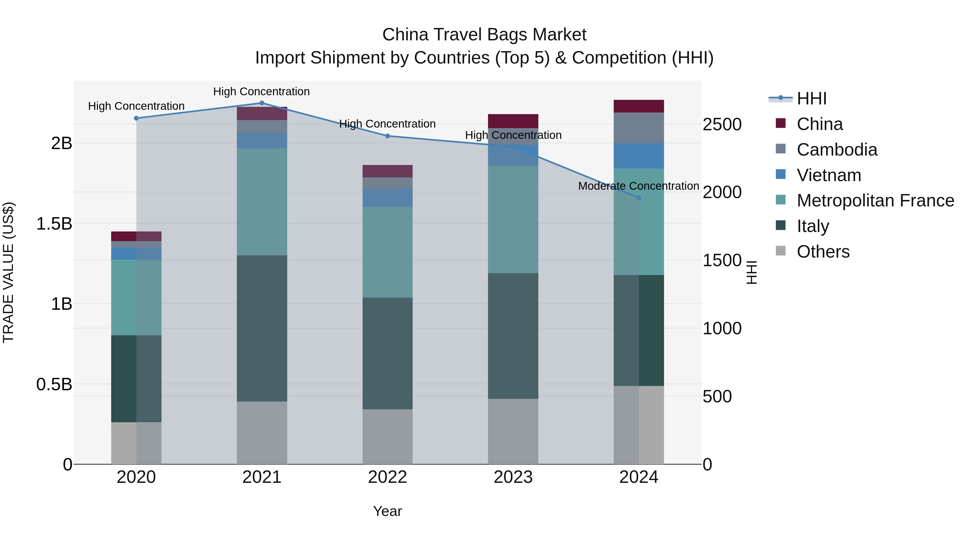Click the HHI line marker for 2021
coord(262,103)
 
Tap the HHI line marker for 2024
coord(638,198)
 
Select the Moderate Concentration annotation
coord(638,186)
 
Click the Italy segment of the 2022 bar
coord(387,354)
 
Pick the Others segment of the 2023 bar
coord(513,431)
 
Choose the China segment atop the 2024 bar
coord(638,106)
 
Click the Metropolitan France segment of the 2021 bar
coord(262,202)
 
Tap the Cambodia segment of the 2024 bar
coord(638,128)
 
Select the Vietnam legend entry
coord(829,175)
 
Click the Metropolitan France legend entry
coord(875,201)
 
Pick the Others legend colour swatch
coord(781,251)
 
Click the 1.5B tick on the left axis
coord(54,224)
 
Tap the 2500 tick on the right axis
coord(722,125)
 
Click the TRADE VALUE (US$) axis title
coord(8,272)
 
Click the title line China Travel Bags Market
coord(484,35)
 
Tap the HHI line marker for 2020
coord(136,118)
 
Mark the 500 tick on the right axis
coord(717,397)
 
